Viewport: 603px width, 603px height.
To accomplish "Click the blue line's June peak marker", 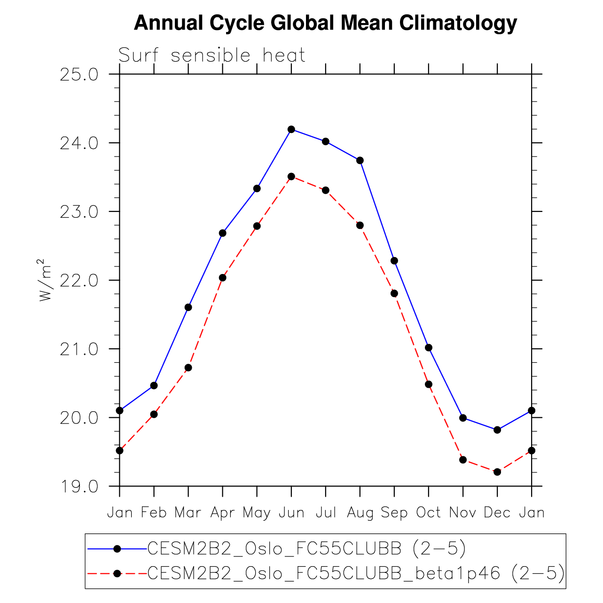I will (x=291, y=129).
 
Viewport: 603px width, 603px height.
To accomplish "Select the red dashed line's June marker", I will (x=291, y=176).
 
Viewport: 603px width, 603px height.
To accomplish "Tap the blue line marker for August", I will (x=360, y=160).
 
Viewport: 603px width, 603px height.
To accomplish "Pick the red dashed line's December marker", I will (x=497, y=472).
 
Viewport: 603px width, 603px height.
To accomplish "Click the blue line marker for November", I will (x=463, y=418).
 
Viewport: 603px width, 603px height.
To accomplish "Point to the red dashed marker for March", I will (x=188, y=368).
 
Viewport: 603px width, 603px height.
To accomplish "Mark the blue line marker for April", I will (x=223, y=233).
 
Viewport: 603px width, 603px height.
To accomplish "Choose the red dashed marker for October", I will (x=429, y=384).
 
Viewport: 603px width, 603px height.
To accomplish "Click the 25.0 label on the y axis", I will (x=79, y=75).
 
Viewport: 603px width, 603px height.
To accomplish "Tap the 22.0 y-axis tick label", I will (x=79, y=281).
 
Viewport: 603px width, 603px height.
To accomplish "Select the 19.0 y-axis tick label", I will (x=79, y=486).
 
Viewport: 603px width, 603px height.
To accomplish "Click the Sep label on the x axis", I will (x=394, y=512).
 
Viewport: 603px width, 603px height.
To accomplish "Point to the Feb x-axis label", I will (x=154, y=512).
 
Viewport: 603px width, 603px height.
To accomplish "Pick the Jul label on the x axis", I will (x=326, y=512).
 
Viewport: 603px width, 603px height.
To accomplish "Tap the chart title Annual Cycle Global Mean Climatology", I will (x=325, y=23).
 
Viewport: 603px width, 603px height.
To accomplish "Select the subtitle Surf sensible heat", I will (x=212, y=55).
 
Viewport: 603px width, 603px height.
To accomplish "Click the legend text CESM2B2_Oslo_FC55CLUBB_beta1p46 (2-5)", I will (x=356, y=573).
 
